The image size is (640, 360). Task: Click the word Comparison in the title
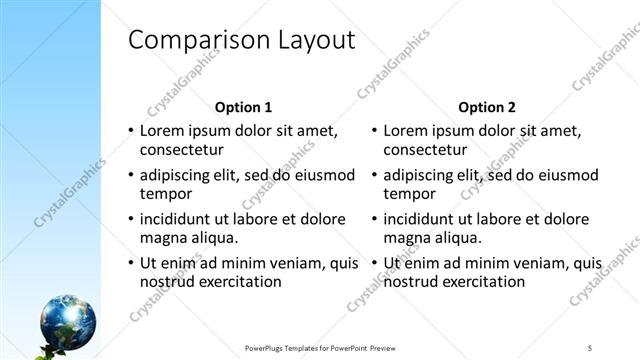pos(187,41)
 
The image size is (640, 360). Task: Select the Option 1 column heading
pos(243,107)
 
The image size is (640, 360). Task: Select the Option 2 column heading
pos(486,107)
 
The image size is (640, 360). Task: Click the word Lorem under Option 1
pos(163,130)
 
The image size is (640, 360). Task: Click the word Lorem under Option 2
pos(406,130)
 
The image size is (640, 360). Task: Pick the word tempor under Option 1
pos(165,194)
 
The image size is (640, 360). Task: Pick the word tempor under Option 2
pos(408,194)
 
